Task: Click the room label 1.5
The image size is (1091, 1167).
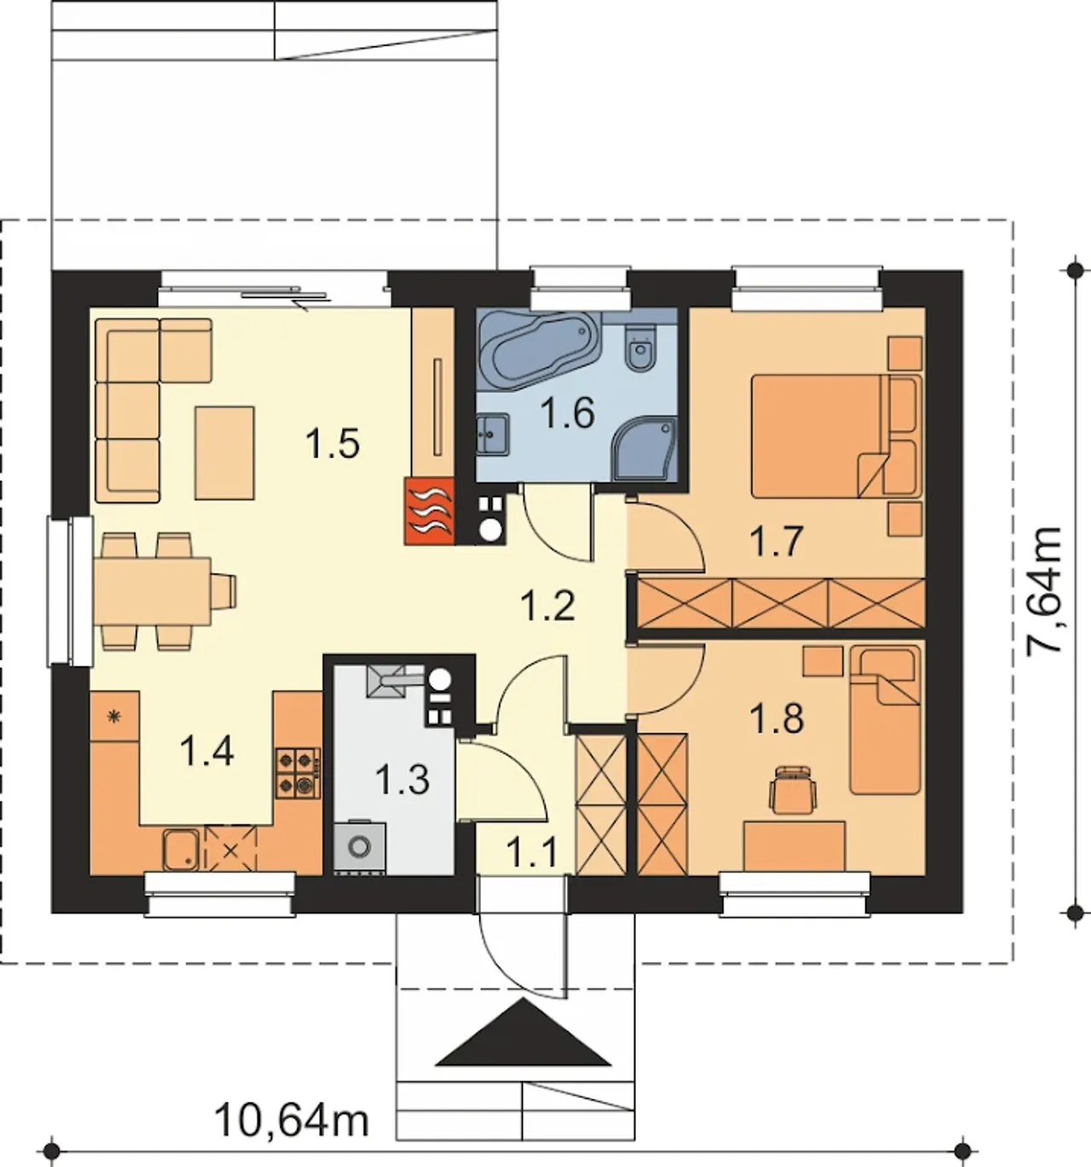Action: click(x=332, y=443)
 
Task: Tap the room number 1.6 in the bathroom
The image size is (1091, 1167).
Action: click(x=568, y=413)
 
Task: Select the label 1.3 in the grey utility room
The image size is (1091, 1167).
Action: click(x=402, y=780)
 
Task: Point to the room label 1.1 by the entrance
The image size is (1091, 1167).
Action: click(x=532, y=853)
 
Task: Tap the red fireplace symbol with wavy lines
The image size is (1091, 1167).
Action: click(x=429, y=510)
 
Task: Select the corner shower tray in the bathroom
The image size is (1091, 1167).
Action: click(x=645, y=449)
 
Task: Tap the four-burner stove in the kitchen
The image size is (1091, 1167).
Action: click(x=299, y=772)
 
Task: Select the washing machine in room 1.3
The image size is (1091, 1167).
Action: click(x=360, y=846)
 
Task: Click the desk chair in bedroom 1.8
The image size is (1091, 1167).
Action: click(x=794, y=789)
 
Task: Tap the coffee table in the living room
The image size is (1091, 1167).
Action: click(x=224, y=453)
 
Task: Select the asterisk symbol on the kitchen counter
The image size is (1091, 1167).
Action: click(x=114, y=716)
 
